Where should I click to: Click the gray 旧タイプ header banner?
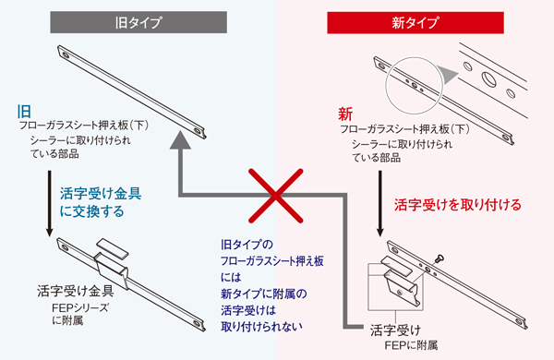click(x=138, y=22)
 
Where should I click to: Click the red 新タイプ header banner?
click(x=415, y=22)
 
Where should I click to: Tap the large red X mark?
click(x=275, y=196)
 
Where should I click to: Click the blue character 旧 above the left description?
click(x=24, y=112)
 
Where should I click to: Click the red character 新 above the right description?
click(x=345, y=114)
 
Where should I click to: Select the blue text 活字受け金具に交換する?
click(x=101, y=202)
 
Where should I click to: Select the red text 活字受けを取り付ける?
click(x=458, y=205)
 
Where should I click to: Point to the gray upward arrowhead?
click(x=181, y=140)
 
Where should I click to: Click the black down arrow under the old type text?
click(x=50, y=203)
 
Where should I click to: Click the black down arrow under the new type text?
click(x=380, y=203)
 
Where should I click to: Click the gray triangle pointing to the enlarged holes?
click(x=447, y=74)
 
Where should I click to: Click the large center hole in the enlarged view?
click(x=488, y=78)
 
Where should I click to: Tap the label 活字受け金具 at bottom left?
click(x=76, y=291)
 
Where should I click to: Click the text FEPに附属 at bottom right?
click(x=411, y=345)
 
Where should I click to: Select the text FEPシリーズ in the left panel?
click(x=80, y=307)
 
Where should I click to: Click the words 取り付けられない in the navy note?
click(x=262, y=326)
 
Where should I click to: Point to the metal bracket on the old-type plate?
click(x=112, y=262)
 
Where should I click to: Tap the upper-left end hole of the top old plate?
click(x=66, y=54)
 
